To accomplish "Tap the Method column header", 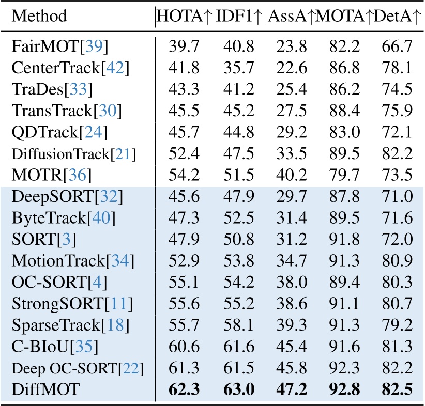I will (39, 16).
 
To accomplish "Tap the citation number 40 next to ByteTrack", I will (102, 218).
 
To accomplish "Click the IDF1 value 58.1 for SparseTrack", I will (238, 324).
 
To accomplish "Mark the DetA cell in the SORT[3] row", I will (398, 239).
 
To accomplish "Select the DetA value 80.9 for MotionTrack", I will (398, 260).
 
